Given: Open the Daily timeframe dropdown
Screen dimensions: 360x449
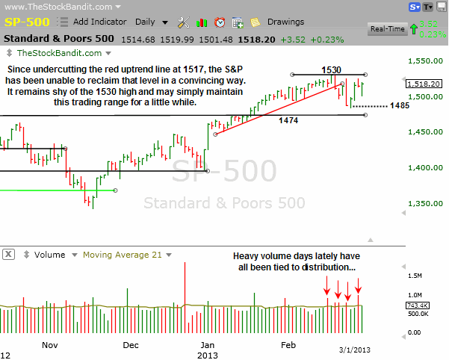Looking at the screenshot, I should click(x=150, y=22).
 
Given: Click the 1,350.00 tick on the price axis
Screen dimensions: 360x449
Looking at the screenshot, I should click(x=425, y=203).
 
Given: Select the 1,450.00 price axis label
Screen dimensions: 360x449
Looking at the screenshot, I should click(x=425, y=132).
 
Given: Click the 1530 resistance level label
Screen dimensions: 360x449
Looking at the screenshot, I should click(x=331, y=69).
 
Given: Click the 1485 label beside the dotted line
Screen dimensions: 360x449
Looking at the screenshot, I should click(x=400, y=106).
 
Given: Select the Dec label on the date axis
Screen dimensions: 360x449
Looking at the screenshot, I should click(x=131, y=345).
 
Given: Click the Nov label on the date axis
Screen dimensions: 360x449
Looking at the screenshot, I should click(x=50, y=345).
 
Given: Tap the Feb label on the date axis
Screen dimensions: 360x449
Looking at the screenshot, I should click(x=288, y=345).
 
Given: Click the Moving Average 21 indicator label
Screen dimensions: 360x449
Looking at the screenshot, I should click(x=122, y=255).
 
